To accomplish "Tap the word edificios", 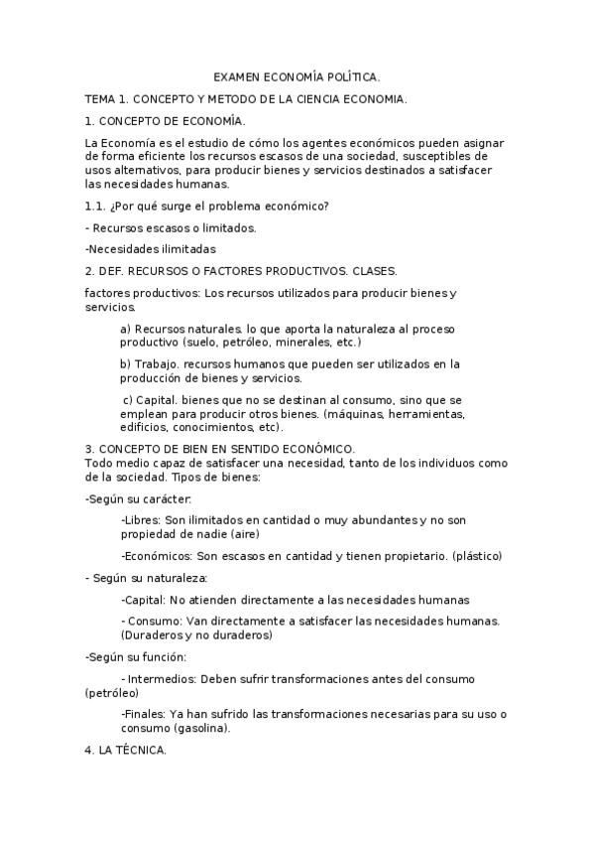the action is tap(145, 427).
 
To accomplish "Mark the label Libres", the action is tap(140, 519).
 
